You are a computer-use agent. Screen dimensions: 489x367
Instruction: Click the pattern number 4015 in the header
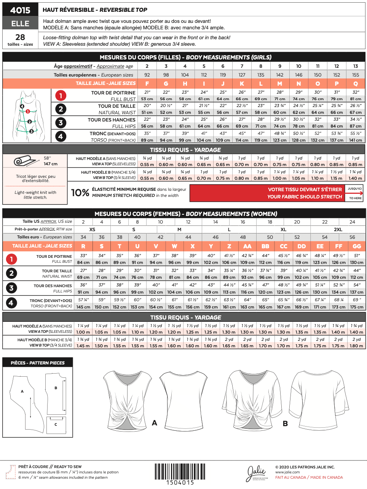tap(20, 10)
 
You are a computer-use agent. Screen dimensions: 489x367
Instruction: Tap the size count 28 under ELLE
tap(20, 37)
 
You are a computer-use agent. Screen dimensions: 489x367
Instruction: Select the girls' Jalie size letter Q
tap(356, 83)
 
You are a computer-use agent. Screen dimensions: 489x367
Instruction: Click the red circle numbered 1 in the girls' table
tap(61, 96)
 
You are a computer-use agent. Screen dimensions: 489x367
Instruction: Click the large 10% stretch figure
tap(80, 193)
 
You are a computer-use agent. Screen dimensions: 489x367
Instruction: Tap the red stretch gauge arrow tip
tap(361, 193)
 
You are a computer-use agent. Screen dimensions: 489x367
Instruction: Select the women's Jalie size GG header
tap(357, 246)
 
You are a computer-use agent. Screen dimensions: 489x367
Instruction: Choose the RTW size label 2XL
tap(338, 230)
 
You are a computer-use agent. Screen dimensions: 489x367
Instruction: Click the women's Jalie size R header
tap(83, 246)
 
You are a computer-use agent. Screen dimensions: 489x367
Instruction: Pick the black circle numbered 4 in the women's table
tap(11, 303)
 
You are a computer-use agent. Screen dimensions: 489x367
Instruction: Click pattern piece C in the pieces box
tap(56, 425)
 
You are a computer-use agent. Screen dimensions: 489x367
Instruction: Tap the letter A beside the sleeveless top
tap(155, 423)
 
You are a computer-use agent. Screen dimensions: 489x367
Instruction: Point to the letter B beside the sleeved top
tap(285, 423)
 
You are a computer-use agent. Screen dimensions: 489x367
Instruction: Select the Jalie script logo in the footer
tap(257, 473)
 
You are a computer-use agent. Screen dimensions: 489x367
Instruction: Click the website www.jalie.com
tap(287, 472)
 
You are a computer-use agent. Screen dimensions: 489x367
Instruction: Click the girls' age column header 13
tap(356, 66)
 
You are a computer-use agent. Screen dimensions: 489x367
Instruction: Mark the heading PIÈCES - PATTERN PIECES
tap(38, 363)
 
